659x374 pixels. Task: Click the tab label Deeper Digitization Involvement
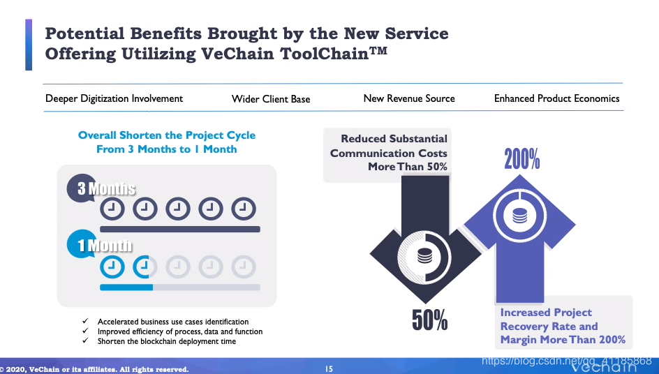pyautogui.click(x=114, y=98)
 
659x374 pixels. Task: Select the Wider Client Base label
pyautogui.click(x=271, y=99)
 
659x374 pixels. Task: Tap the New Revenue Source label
pyautogui.click(x=409, y=98)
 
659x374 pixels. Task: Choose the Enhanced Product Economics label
pyautogui.click(x=556, y=98)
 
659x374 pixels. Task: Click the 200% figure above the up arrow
pyautogui.click(x=522, y=159)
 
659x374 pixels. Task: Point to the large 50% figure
pyautogui.click(x=429, y=320)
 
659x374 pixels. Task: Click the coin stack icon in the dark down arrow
pyautogui.click(x=424, y=255)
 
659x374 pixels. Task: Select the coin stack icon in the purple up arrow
pyautogui.click(x=519, y=216)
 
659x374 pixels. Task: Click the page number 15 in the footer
pyautogui.click(x=329, y=369)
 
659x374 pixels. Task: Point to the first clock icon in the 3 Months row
pyautogui.click(x=112, y=208)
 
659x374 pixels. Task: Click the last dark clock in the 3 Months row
pyautogui.click(x=244, y=208)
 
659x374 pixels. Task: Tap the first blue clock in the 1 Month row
pyautogui.click(x=112, y=266)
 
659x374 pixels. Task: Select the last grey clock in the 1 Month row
pyautogui.click(x=244, y=266)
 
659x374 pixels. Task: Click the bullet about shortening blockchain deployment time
pyautogui.click(x=167, y=341)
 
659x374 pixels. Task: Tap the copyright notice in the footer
pyautogui.click(x=95, y=369)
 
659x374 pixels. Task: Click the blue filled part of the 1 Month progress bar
pyautogui.click(x=126, y=287)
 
